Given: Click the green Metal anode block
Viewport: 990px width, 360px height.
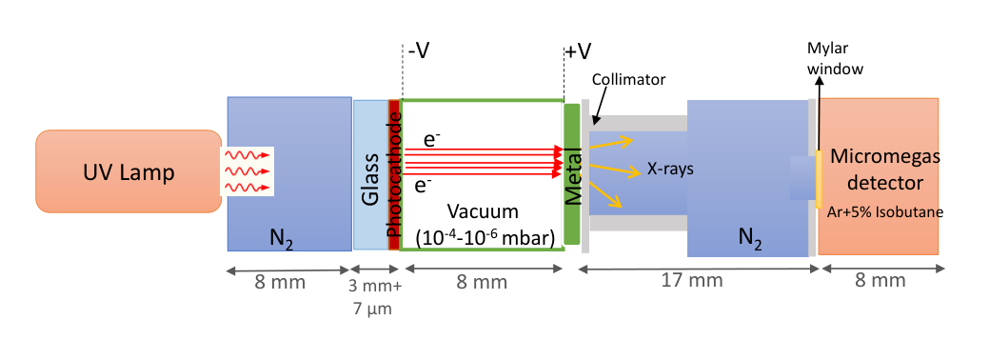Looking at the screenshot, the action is pos(572,174).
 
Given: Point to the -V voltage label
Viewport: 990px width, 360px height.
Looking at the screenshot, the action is pos(418,50).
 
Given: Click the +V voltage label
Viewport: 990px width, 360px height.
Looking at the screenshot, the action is pos(578,51).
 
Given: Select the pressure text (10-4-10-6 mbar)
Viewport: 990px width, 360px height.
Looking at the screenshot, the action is pos(485,237).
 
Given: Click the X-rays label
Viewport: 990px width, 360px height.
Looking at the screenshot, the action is pos(670,170).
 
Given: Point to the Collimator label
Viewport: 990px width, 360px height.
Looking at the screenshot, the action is pos(629,80).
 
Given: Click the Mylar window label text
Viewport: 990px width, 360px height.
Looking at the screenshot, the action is pos(835,59).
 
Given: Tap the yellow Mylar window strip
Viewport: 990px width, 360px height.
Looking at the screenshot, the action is pos(818,179).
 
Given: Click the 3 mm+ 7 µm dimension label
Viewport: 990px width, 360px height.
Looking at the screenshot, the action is pos(375,298).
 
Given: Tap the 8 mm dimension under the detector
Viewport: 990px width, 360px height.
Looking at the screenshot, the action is pos(881,280).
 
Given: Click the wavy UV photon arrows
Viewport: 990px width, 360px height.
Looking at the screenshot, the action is pos(247,170).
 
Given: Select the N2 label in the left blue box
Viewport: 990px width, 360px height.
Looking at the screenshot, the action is pos(281,240).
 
